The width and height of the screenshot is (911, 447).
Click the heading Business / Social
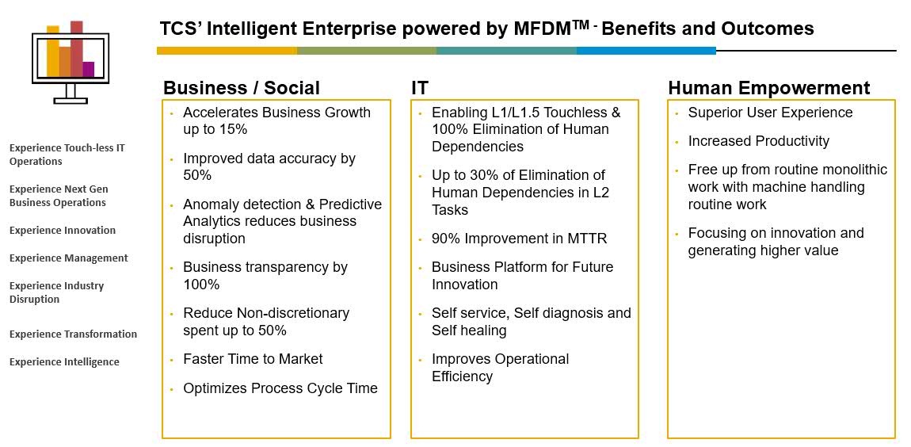click(x=241, y=88)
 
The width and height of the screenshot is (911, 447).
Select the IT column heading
click(x=420, y=88)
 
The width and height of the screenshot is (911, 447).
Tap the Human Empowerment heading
click(x=769, y=88)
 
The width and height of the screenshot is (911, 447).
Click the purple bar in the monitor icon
click(x=88, y=69)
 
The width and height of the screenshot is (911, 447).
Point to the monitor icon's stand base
click(x=71, y=101)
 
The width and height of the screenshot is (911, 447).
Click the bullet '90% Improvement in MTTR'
click(x=519, y=239)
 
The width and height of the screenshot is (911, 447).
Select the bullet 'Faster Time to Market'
click(x=253, y=359)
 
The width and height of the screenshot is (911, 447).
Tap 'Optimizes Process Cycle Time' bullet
click(x=280, y=388)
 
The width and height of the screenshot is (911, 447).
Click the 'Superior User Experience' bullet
click(x=771, y=113)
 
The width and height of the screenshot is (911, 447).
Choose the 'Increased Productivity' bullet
click(x=759, y=141)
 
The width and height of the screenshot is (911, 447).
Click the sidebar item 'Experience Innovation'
click(x=63, y=230)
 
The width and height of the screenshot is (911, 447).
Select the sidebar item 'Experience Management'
click(x=69, y=258)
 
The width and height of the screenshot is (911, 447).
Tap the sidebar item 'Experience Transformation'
click(x=73, y=334)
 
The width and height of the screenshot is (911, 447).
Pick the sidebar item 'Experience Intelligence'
click(x=64, y=362)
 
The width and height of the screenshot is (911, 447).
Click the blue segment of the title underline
click(x=646, y=51)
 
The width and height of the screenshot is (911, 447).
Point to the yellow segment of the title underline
click(x=227, y=51)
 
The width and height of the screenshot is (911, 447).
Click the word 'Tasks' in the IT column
click(x=449, y=210)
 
